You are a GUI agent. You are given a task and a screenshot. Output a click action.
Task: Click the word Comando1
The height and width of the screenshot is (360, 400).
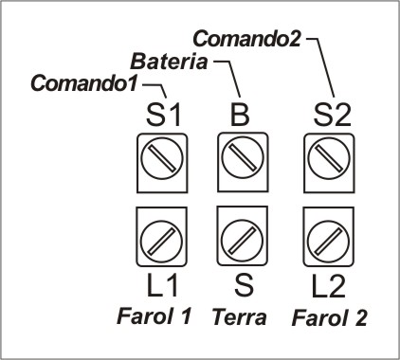click(84, 83)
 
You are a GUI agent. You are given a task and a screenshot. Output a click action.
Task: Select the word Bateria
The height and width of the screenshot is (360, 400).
click(169, 62)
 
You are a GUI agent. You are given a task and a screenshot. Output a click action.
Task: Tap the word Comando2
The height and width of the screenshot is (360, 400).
click(246, 39)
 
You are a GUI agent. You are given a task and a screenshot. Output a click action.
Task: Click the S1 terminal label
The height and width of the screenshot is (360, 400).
click(163, 116)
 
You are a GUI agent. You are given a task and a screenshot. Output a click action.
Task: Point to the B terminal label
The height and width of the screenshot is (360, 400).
click(240, 115)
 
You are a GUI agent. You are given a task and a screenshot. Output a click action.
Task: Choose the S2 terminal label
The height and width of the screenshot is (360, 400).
click(332, 116)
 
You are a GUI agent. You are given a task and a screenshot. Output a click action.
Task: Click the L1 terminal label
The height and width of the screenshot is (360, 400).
click(162, 286)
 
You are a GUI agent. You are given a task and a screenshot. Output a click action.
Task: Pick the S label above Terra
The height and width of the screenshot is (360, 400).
click(244, 285)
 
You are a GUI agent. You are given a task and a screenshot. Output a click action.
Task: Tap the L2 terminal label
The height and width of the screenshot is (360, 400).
click(328, 287)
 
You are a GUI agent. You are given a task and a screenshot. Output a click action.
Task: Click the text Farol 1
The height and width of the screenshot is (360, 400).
click(155, 316)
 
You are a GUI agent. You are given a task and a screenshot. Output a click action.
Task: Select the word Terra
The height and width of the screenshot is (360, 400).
click(239, 317)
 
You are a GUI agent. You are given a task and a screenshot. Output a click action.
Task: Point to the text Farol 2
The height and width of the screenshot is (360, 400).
click(329, 317)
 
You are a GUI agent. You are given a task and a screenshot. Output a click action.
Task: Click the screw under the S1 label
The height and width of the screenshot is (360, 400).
click(162, 158)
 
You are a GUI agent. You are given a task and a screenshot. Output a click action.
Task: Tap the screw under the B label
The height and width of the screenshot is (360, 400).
click(243, 157)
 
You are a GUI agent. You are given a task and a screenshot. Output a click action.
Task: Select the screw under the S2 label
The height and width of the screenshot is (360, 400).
click(329, 157)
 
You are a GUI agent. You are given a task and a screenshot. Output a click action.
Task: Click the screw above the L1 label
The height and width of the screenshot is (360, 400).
click(161, 241)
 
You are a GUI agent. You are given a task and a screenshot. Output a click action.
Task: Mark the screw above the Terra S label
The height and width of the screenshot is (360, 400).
click(242, 240)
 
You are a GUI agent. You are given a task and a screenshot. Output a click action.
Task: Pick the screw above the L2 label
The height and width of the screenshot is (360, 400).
click(328, 241)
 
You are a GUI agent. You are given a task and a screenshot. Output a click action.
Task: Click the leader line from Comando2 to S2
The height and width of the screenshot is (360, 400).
click(325, 67)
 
